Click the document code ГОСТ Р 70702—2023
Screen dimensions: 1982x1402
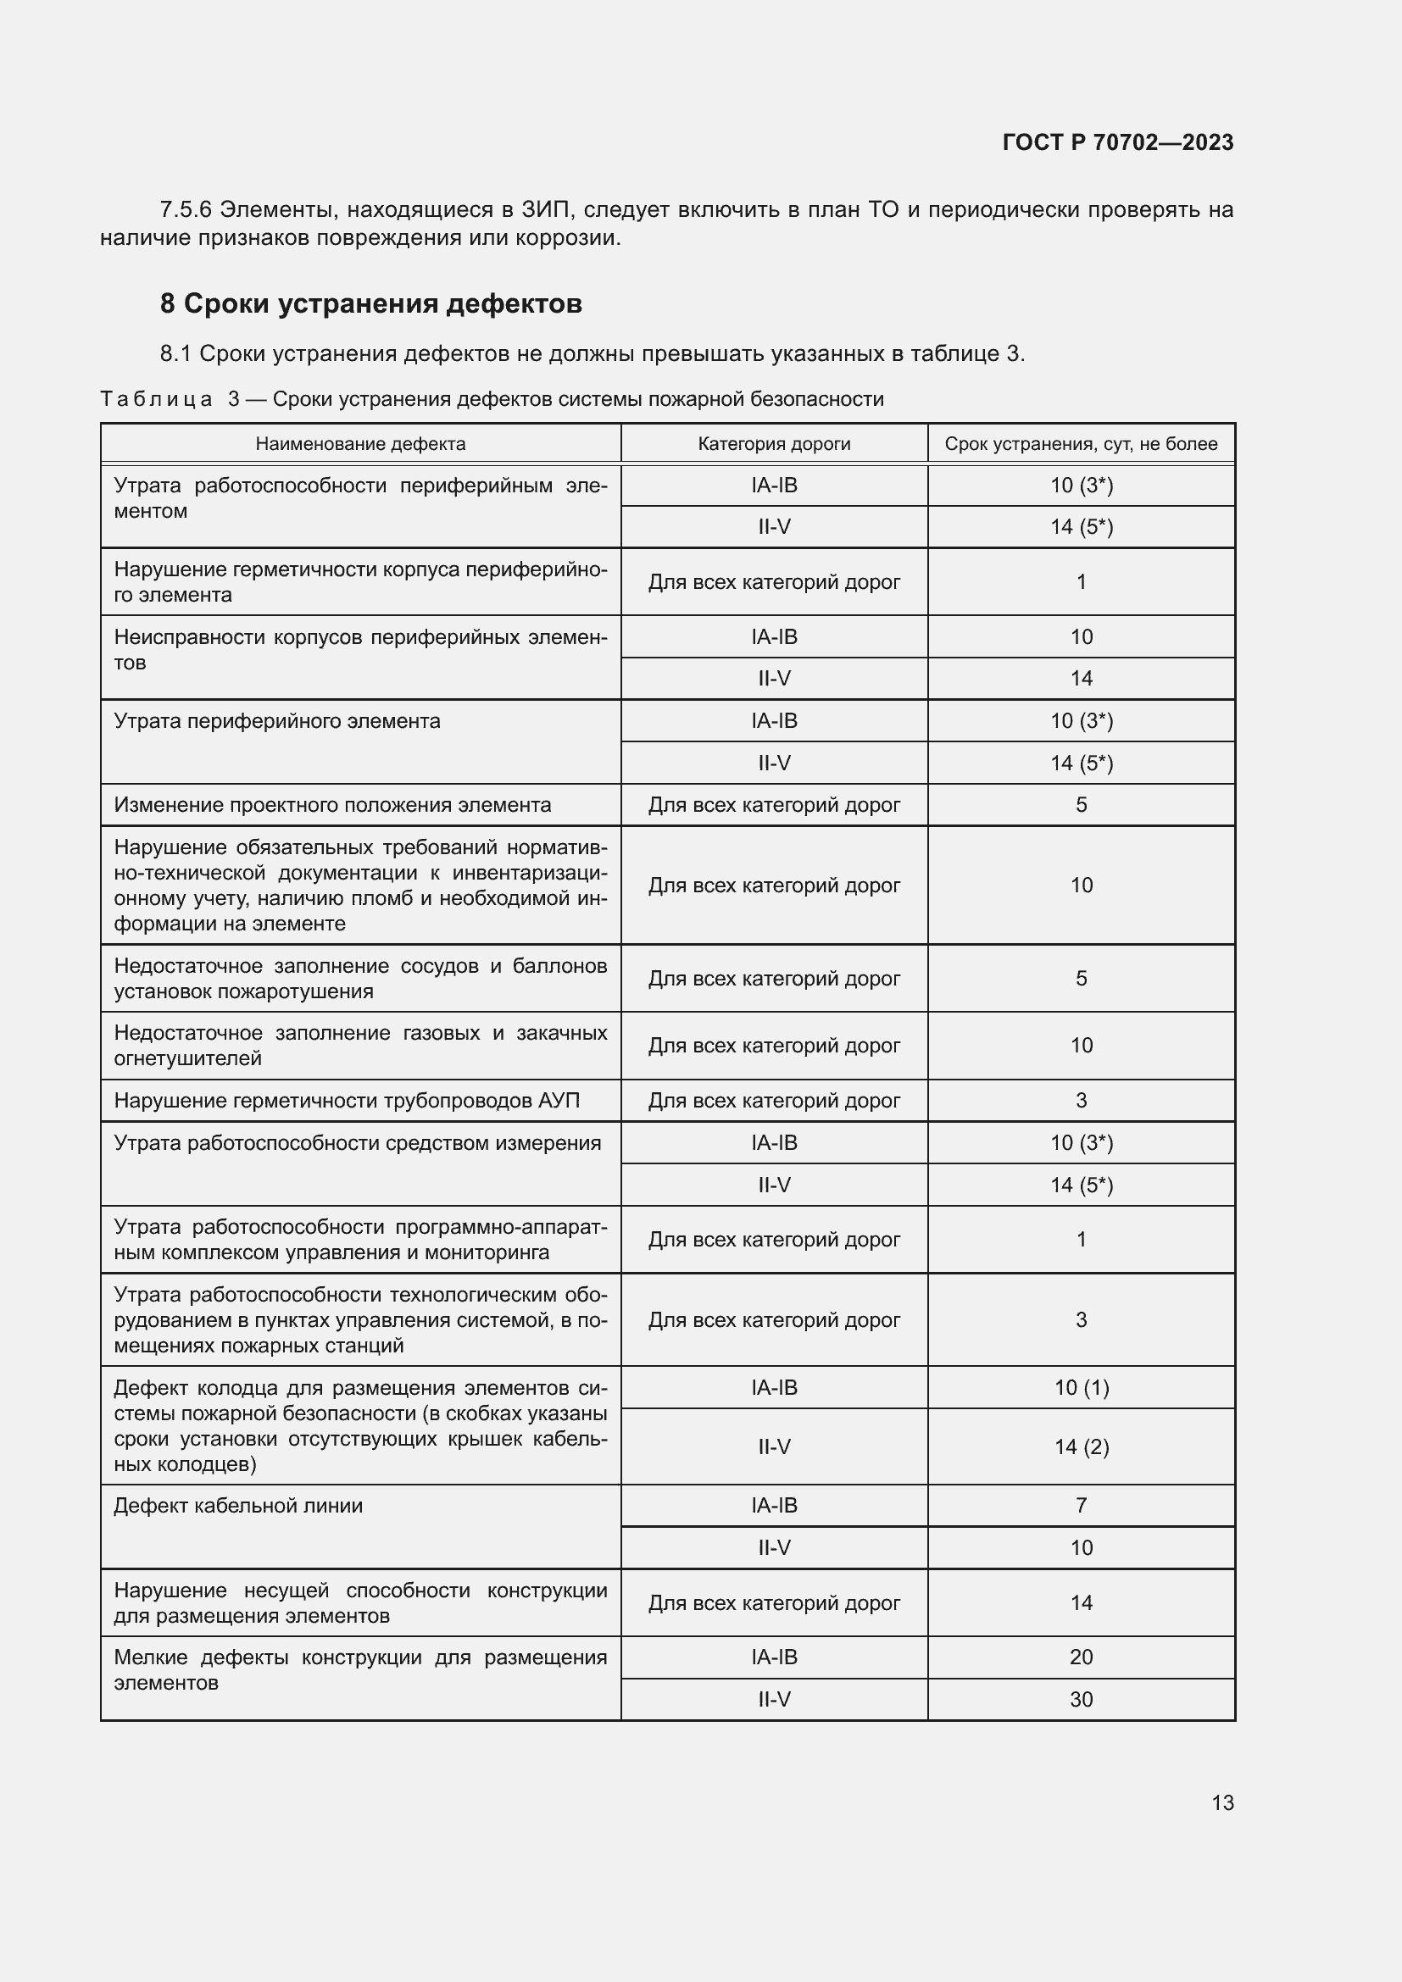tap(1117, 142)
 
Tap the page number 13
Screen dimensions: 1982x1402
tap(1221, 1802)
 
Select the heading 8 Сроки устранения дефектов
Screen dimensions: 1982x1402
tap(370, 304)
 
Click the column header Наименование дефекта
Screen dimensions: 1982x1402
tap(360, 444)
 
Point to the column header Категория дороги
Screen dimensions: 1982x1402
tap(774, 444)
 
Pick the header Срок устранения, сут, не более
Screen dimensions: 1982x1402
tap(1080, 444)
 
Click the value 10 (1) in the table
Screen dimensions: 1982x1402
tap(1081, 1387)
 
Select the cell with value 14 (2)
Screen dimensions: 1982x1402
tap(1081, 1446)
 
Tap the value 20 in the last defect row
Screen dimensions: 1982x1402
tap(1081, 1657)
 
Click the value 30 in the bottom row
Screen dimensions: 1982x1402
tap(1081, 1699)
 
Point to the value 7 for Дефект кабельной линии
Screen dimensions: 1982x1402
tap(1081, 1505)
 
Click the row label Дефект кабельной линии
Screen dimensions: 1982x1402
tap(238, 1506)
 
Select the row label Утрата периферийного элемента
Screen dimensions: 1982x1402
tap(277, 721)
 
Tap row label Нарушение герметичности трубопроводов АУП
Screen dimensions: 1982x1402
tap(346, 1101)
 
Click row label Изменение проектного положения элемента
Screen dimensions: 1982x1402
tap(332, 805)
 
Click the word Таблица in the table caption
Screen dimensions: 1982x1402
tap(156, 399)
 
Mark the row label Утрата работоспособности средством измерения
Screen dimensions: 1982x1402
tap(358, 1143)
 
